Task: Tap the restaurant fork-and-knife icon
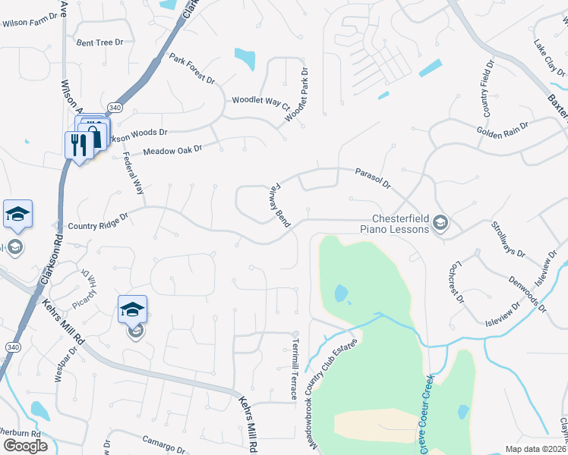79,143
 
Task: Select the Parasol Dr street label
372,179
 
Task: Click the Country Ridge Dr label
98,225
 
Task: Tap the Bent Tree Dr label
99,42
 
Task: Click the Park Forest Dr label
192,69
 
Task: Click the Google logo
25,446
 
